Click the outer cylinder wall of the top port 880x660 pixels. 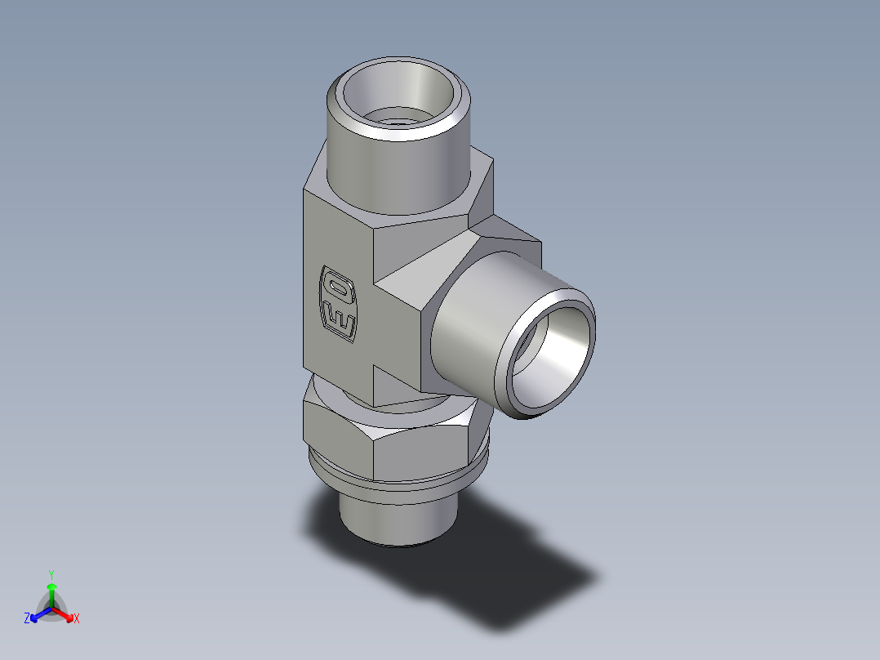point(392,172)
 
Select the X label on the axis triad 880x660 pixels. point(77,618)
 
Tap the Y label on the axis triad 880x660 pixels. point(51,573)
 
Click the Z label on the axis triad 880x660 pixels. point(27,618)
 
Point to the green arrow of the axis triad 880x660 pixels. point(51,591)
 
